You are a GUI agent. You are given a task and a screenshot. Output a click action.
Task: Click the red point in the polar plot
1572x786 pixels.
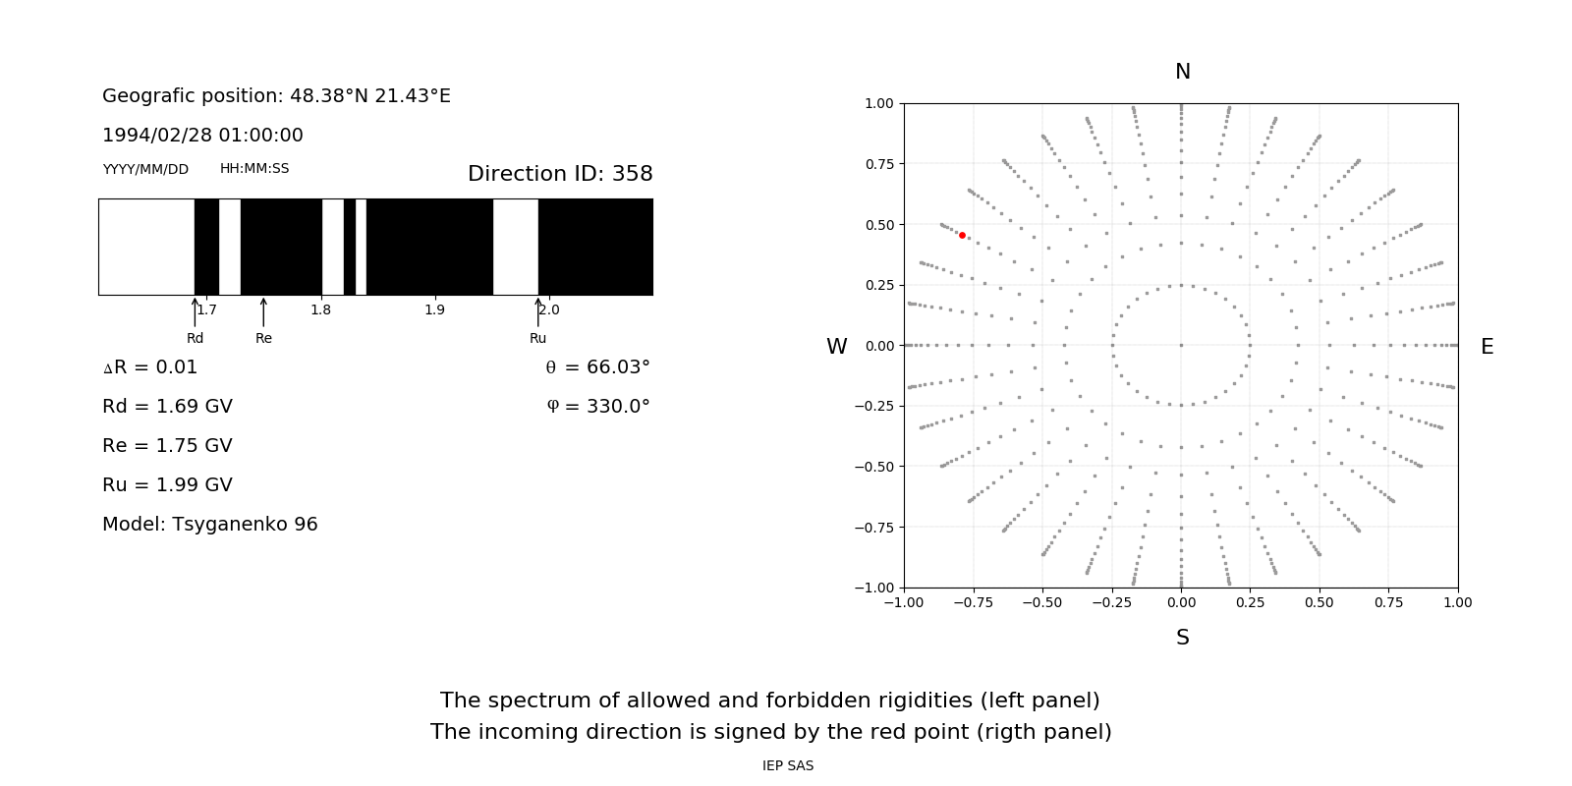(962, 236)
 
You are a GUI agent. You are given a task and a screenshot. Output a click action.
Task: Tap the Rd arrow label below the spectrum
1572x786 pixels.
(195, 338)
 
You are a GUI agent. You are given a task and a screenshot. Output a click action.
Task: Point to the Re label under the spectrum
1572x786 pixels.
(263, 338)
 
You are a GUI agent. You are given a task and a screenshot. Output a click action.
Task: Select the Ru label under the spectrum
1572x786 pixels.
(537, 338)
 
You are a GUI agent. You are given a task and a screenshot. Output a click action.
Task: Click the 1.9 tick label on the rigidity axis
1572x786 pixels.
(434, 310)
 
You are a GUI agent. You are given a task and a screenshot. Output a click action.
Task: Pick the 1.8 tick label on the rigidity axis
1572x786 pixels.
(320, 310)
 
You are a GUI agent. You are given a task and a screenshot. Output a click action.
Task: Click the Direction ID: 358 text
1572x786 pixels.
(560, 174)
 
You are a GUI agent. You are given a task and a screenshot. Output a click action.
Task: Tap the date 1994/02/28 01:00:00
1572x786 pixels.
(202, 136)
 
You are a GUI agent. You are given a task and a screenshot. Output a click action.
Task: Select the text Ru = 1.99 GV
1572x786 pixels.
(167, 485)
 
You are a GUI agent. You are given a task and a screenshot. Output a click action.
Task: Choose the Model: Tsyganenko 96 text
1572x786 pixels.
(209, 525)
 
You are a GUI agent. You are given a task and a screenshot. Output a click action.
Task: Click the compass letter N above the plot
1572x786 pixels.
(1183, 72)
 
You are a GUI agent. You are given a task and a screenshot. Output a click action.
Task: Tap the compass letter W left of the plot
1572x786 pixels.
(836, 347)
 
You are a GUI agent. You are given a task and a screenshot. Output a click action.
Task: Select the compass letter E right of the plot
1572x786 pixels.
(1487, 347)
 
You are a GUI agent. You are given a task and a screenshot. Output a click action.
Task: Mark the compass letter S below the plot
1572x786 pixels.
(1183, 638)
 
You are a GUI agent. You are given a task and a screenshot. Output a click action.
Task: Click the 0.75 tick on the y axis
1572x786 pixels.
(878, 164)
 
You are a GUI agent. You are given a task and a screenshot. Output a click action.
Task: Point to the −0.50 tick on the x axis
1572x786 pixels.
(1042, 602)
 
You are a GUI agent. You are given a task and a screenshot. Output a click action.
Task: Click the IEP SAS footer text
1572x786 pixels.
(787, 765)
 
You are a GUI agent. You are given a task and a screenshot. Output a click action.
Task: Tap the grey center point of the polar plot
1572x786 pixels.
(1181, 345)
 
